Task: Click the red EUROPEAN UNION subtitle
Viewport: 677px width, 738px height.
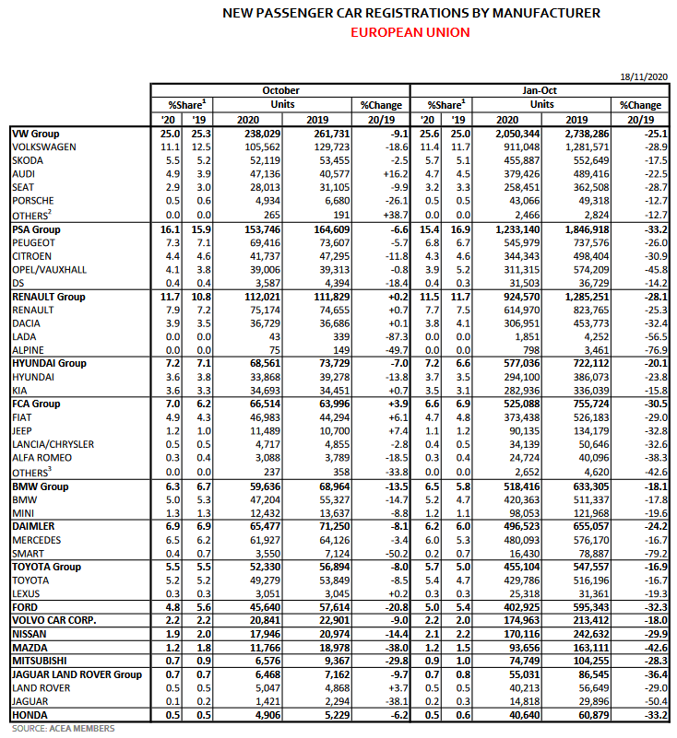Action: pos(410,32)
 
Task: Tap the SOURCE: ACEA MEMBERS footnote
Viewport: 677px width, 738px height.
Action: pos(64,729)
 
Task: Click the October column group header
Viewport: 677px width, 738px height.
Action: pos(280,90)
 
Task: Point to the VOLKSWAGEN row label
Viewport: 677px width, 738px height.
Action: pos(44,146)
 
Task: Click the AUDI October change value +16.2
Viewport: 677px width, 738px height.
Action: pos(382,173)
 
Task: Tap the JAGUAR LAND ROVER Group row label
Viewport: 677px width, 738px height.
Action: pos(77,674)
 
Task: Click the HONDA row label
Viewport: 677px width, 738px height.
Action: pos(30,714)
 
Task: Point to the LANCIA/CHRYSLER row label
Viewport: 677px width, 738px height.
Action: pos(53,444)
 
